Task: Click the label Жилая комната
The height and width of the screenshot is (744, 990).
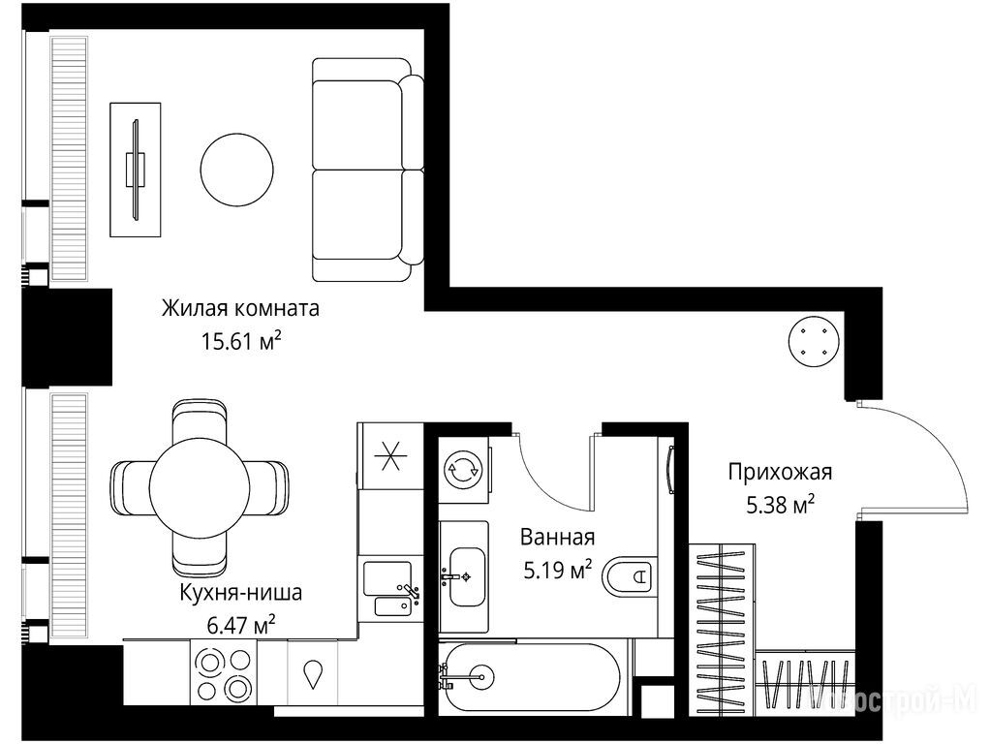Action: (x=240, y=309)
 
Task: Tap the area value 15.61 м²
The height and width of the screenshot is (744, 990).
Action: (x=241, y=341)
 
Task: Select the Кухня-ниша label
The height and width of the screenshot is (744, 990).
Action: (x=241, y=593)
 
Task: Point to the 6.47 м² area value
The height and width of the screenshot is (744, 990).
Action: (x=241, y=625)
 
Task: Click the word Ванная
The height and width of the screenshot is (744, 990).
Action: (x=558, y=538)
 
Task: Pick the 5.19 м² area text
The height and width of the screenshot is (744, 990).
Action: (x=558, y=570)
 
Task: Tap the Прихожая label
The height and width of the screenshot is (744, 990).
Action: (x=780, y=472)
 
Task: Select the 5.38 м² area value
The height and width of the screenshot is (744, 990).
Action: (x=780, y=505)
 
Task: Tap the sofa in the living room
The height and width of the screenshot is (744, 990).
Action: (x=367, y=170)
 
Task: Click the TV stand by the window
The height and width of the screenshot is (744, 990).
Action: (x=135, y=170)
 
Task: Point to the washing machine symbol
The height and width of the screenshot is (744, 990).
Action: (x=463, y=469)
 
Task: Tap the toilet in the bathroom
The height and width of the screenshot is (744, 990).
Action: (x=628, y=576)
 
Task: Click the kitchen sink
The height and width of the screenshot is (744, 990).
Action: (x=391, y=589)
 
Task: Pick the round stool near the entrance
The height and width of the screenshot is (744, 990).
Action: (x=814, y=341)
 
